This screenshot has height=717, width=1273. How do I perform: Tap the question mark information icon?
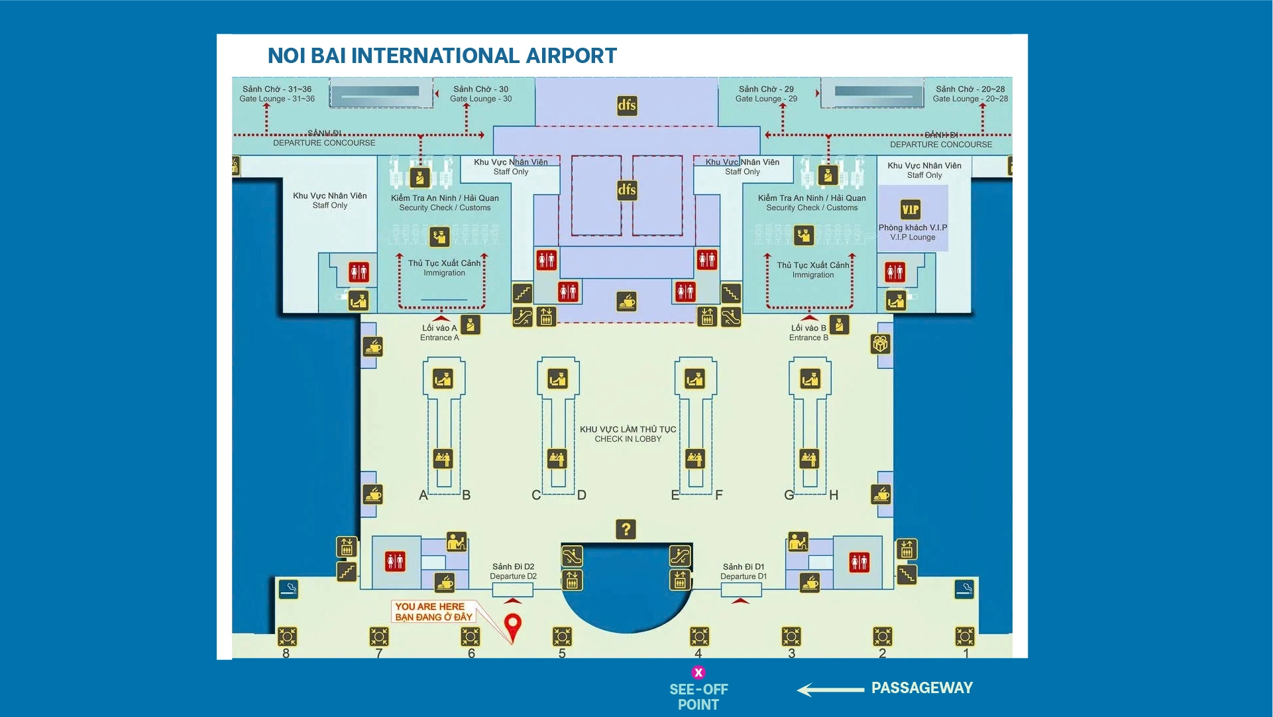click(x=626, y=529)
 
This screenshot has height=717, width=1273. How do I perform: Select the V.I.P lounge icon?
click(x=911, y=210)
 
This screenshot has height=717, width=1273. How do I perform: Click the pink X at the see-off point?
click(x=698, y=673)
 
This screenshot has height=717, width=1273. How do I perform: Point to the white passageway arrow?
click(x=830, y=690)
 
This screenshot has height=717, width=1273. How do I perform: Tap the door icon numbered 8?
click(x=287, y=637)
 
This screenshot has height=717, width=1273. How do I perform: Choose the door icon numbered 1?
click(x=965, y=637)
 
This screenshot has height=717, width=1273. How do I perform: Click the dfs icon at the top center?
click(x=627, y=105)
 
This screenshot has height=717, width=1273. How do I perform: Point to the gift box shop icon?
click(x=880, y=344)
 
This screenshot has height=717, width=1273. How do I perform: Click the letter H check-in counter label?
click(x=834, y=495)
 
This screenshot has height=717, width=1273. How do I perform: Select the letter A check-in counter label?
click(x=423, y=495)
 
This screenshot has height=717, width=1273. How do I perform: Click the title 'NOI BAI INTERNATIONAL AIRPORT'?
click(x=442, y=56)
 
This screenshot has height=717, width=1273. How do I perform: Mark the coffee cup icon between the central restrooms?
click(x=626, y=302)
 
